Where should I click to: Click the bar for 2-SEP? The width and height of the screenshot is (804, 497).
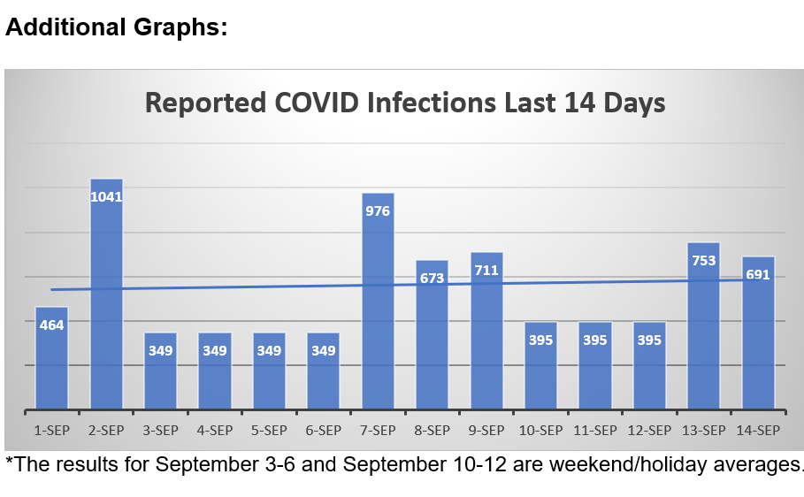tap(106, 301)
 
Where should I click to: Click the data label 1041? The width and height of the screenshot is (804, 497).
tap(106, 196)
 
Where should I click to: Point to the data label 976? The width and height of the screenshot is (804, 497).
tap(378, 210)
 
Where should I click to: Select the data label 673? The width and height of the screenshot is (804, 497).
tap(433, 278)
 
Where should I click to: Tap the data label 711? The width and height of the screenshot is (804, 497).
tap(486, 270)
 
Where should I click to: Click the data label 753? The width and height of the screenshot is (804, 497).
tap(703, 260)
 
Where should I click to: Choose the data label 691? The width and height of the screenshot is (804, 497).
tap(758, 274)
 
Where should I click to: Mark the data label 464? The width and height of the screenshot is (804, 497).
tap(51, 325)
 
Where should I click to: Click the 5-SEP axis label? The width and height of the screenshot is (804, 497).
tap(269, 431)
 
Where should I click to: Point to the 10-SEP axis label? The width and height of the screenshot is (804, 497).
tap(540, 431)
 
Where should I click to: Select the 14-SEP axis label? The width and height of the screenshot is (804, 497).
tap(758, 431)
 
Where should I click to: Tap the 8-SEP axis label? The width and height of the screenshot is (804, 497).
tap(433, 431)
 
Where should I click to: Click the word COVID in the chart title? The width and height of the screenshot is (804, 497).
tap(314, 103)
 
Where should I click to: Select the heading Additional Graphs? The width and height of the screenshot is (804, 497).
tap(116, 27)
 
